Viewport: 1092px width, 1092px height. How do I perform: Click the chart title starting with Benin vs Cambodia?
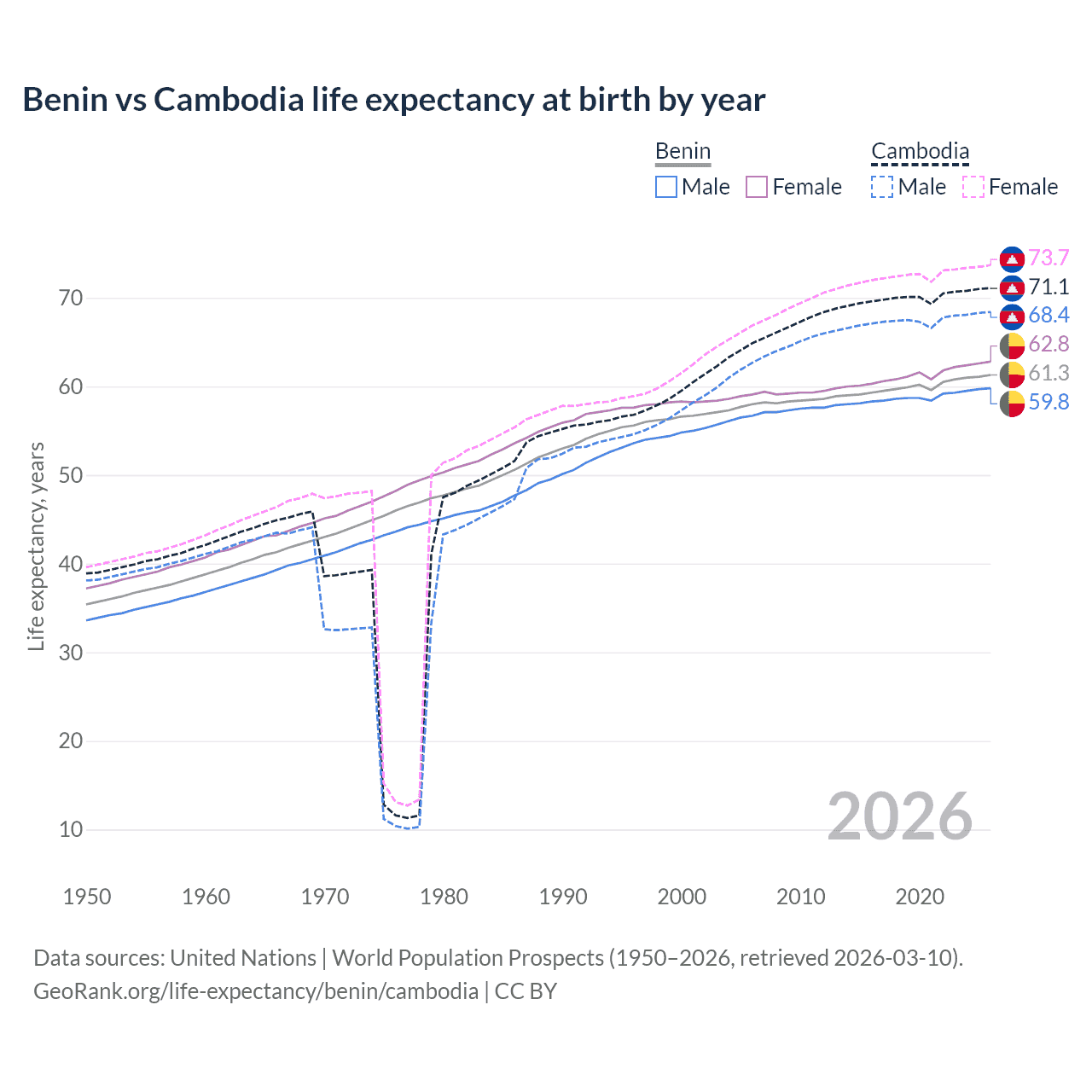393,100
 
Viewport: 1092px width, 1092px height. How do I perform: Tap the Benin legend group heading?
682,152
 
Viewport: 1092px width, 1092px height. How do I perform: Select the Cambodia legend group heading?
920,152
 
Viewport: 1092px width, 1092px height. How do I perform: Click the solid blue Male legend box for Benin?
666,187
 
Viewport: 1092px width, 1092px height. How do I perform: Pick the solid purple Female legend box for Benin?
757,187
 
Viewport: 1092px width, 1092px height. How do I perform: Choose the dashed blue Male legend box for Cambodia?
882,187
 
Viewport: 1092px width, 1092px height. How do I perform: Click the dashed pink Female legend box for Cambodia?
973,187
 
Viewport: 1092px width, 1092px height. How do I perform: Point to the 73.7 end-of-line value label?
1048,258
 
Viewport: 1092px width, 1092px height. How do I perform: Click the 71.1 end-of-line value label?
1048,287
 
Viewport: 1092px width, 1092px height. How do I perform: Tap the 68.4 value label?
1048,315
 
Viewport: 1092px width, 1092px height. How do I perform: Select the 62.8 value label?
1048,344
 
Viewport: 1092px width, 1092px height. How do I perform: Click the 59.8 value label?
1048,402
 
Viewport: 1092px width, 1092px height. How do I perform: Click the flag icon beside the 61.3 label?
1012,374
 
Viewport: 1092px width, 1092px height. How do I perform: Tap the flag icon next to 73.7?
1012,258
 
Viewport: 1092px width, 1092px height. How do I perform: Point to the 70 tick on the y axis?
71,299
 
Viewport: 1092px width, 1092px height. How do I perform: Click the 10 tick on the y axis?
71,829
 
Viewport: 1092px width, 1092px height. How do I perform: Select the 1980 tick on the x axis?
444,897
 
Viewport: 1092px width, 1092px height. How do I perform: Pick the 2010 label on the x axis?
800,897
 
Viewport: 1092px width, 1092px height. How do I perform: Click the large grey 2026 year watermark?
900,816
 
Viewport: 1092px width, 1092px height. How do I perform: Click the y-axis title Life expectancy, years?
36,546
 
